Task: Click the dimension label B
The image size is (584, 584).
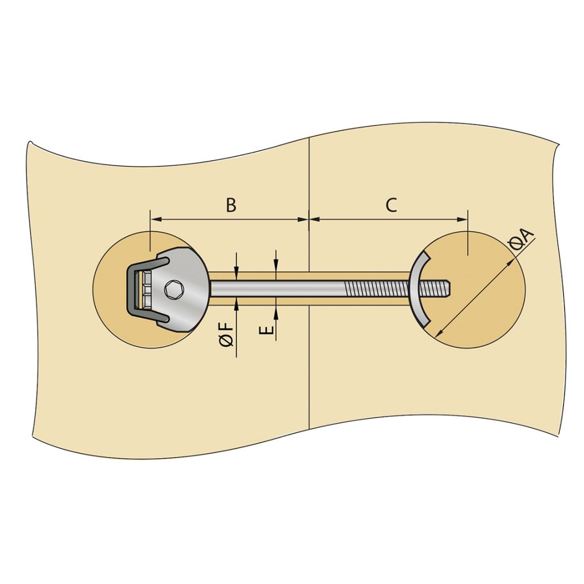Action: click(x=230, y=205)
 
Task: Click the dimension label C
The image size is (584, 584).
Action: click(x=391, y=205)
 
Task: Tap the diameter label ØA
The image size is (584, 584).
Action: click(x=521, y=240)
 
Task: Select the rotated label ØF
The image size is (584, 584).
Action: click(x=226, y=334)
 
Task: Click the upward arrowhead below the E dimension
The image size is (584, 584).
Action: click(x=275, y=310)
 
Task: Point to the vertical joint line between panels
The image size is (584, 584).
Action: click(x=308, y=371)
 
